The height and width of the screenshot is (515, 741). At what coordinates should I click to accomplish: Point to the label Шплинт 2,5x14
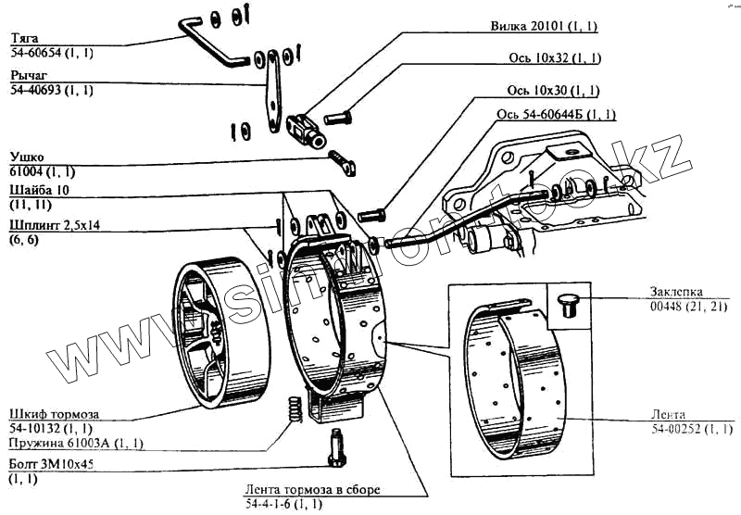click(x=55, y=224)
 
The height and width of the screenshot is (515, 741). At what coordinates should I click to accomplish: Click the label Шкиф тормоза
click(x=53, y=412)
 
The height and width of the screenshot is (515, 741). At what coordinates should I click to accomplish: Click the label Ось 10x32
click(x=556, y=58)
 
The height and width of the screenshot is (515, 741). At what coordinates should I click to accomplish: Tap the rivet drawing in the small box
click(x=567, y=304)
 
